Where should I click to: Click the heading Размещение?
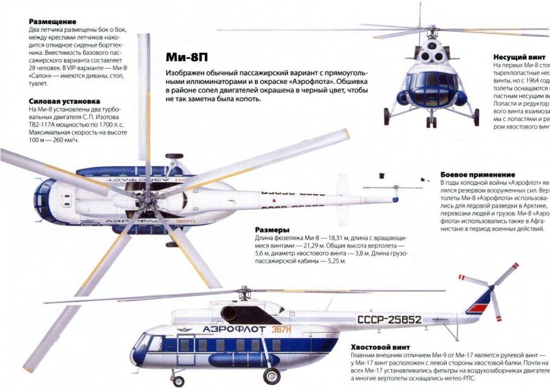pyautogui.click(x=52, y=22)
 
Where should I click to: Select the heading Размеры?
pyautogui.click(x=272, y=230)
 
